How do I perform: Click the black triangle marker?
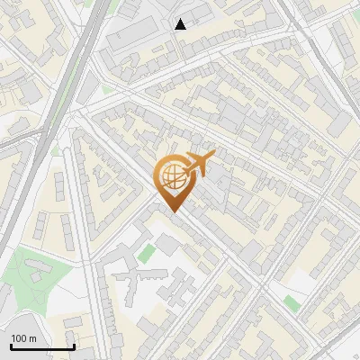pyautogui.click(x=181, y=24)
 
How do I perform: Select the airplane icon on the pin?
pyautogui.click(x=198, y=165)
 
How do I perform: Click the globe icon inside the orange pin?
pyautogui.click(x=172, y=177)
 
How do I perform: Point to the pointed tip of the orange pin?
pyautogui.click(x=175, y=211)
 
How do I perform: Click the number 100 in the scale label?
pyautogui.click(x=19, y=338)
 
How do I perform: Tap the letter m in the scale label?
pyautogui.click(x=32, y=338)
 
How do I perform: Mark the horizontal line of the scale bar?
pyautogui.click(x=42, y=347)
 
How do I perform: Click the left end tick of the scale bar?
pyautogui.click(x=11, y=346)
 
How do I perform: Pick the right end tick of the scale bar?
pyautogui.click(x=74, y=346)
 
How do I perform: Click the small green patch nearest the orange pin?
pyautogui.click(x=145, y=255)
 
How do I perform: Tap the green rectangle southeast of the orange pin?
pyautogui.click(x=291, y=302)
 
